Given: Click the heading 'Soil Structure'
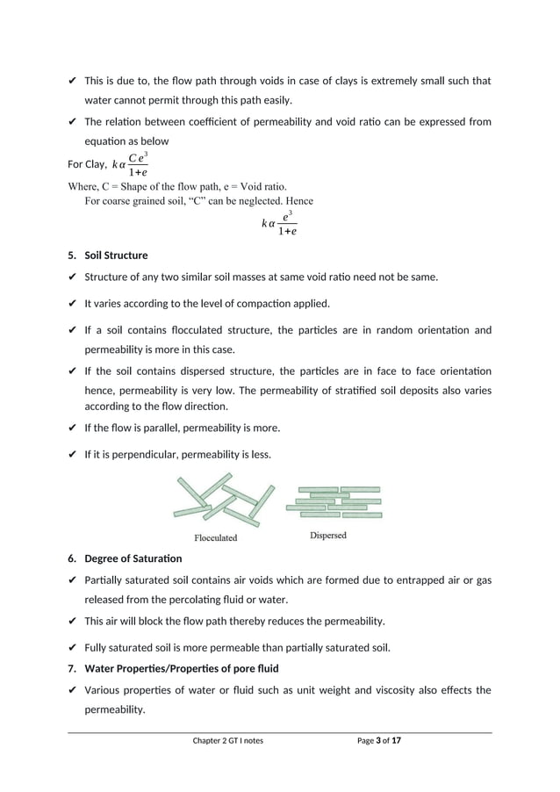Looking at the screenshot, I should (x=116, y=256).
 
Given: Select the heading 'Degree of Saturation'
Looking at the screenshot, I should (x=133, y=558).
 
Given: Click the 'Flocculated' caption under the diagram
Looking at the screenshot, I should (x=215, y=537).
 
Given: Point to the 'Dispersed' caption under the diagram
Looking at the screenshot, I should (x=327, y=535).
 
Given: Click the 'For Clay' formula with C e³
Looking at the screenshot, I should (x=130, y=164).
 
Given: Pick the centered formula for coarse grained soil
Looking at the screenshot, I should (x=279, y=223).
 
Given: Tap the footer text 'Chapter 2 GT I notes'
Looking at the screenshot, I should (x=227, y=741).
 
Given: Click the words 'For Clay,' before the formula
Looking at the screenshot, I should (x=87, y=164).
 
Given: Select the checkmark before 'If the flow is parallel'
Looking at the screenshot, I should (x=72, y=428).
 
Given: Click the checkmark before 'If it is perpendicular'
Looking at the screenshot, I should (x=72, y=455).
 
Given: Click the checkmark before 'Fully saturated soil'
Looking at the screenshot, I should (x=72, y=649).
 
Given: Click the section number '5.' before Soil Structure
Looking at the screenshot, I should (x=72, y=256).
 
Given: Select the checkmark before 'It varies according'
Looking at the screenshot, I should (x=72, y=304).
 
